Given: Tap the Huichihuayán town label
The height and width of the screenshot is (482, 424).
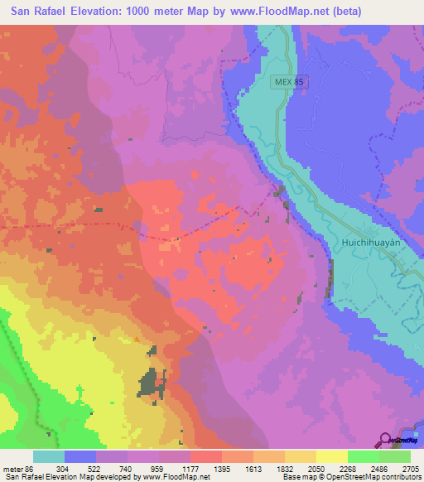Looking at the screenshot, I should click(x=370, y=243).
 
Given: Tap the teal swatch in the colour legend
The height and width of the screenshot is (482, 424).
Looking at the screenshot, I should click(x=49, y=456).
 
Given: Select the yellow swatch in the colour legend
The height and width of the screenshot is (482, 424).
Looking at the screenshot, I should click(x=331, y=456).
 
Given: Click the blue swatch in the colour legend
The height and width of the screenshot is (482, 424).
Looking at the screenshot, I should click(x=80, y=456).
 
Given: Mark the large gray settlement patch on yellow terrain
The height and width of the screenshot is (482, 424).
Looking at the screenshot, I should click(x=149, y=381).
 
